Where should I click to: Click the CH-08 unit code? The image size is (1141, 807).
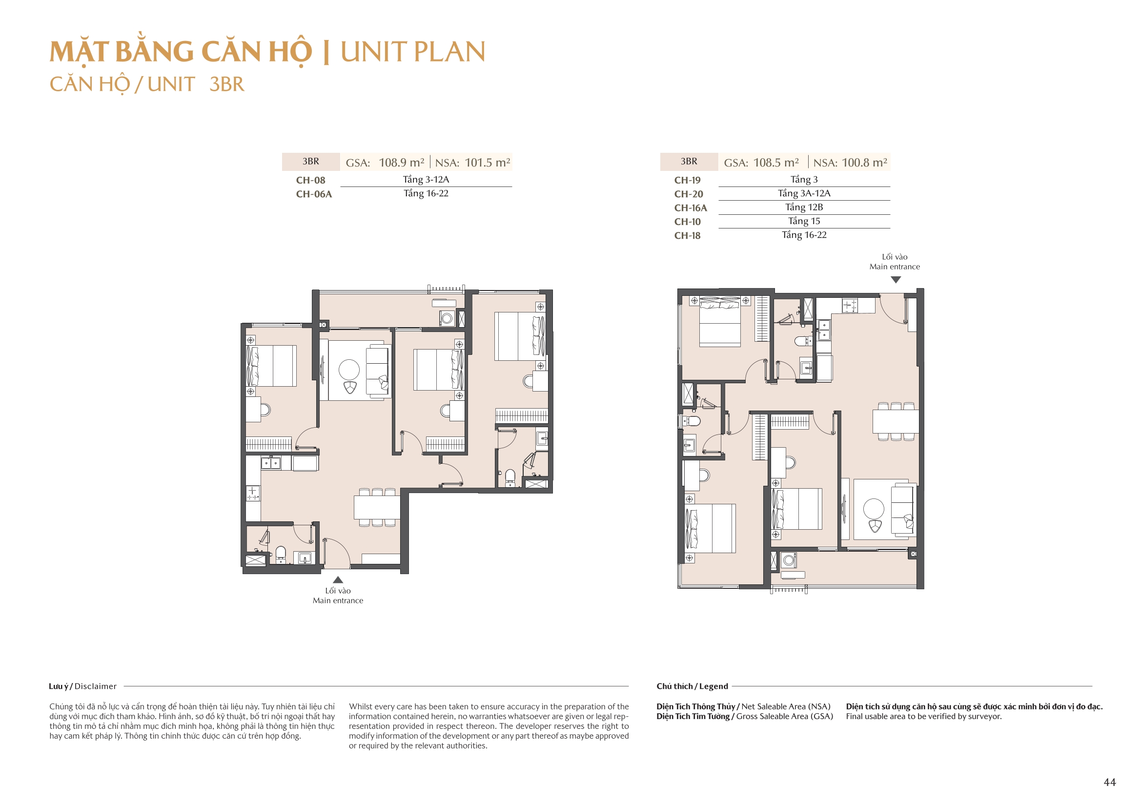click(310, 181)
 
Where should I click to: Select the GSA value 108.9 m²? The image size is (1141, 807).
click(401, 163)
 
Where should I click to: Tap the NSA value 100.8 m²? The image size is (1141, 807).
click(864, 163)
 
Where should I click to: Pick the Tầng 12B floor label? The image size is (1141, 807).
click(804, 207)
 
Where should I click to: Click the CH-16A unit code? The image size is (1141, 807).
click(690, 208)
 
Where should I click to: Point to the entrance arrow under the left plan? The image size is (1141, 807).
click(338, 580)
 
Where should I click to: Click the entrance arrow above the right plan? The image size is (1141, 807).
click(896, 280)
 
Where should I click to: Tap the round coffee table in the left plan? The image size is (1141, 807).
click(349, 370)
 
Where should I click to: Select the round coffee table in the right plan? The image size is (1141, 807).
click(874, 509)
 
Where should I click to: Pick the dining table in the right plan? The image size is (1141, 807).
click(896, 422)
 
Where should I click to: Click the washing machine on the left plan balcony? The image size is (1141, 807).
click(447, 318)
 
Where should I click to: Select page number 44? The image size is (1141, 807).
click(1110, 783)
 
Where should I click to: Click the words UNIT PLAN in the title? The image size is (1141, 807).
click(412, 52)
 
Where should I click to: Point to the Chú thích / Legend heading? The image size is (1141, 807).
click(692, 686)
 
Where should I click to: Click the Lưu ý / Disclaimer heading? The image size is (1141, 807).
click(82, 686)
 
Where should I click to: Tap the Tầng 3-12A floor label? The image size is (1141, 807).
click(426, 180)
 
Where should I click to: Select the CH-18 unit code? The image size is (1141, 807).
click(687, 236)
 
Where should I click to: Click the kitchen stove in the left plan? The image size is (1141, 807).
click(252, 493)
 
